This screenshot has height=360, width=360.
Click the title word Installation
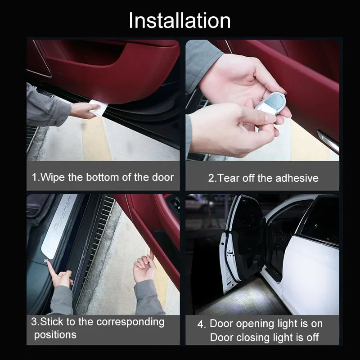coord(180,21)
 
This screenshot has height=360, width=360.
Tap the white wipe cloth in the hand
coord(99,107)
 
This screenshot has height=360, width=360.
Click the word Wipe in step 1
coord(53,177)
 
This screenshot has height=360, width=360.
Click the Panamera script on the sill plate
coord(63,213)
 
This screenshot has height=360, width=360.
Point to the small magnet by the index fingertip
coord(45,261)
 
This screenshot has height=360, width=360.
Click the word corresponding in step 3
coord(130,322)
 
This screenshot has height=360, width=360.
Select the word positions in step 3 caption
coord(55,335)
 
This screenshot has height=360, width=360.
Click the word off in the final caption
coord(312,337)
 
